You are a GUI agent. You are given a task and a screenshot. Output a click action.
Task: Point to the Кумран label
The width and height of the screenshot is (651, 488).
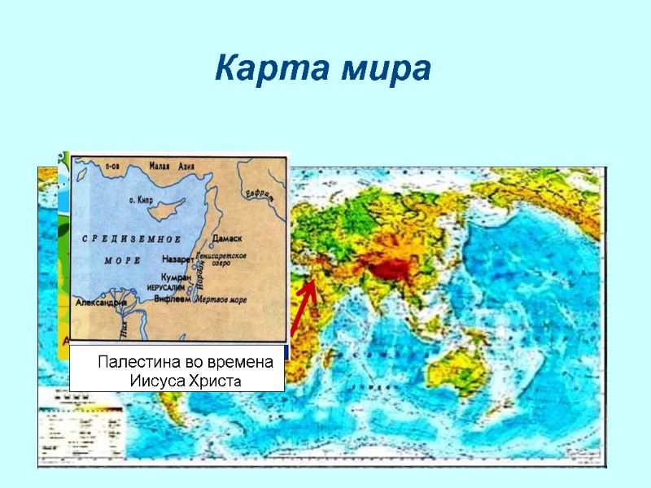pyautogui.click(x=176, y=277)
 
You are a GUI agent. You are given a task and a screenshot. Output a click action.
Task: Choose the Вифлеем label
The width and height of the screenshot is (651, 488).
pyautogui.click(x=173, y=299)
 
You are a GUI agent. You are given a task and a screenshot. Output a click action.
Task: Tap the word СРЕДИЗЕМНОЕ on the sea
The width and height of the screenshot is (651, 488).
pyautogui.click(x=131, y=238)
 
